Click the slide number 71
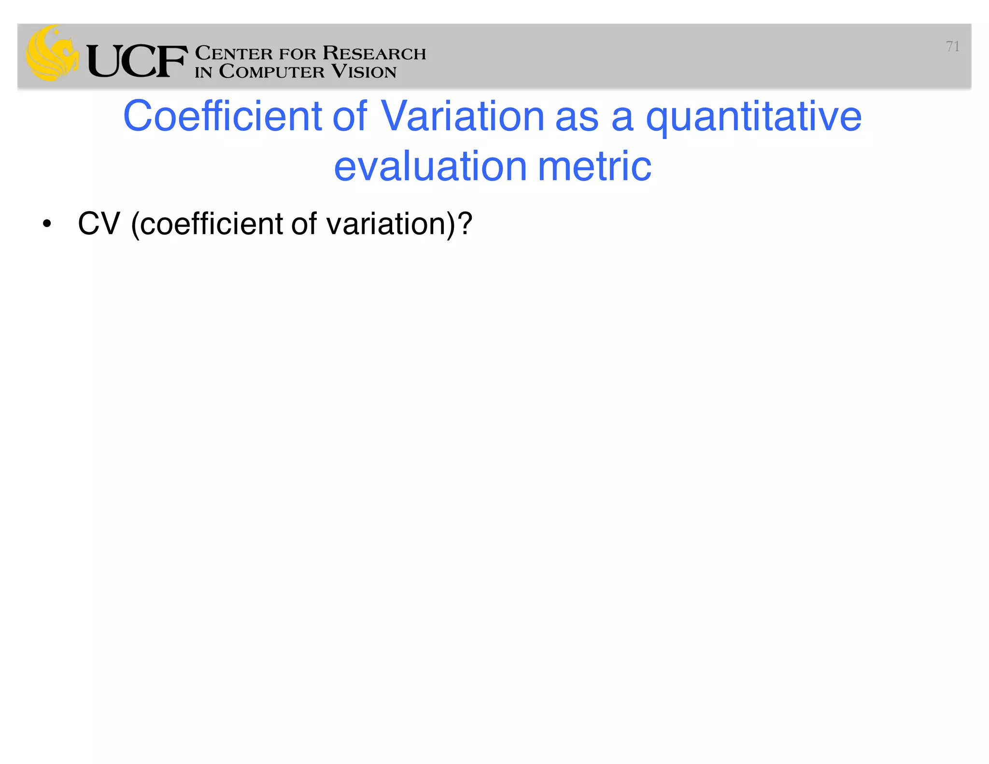click(x=952, y=46)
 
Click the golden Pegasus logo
click(x=52, y=53)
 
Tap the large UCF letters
click(x=137, y=61)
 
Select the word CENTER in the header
click(x=234, y=53)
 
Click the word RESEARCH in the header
click(x=374, y=53)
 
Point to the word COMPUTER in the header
click(x=272, y=71)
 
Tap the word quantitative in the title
click(x=753, y=117)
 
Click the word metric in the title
click(x=594, y=166)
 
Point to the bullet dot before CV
click(x=46, y=224)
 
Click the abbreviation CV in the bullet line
click(x=99, y=224)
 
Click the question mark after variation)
click(x=465, y=224)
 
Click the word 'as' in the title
click(x=577, y=117)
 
